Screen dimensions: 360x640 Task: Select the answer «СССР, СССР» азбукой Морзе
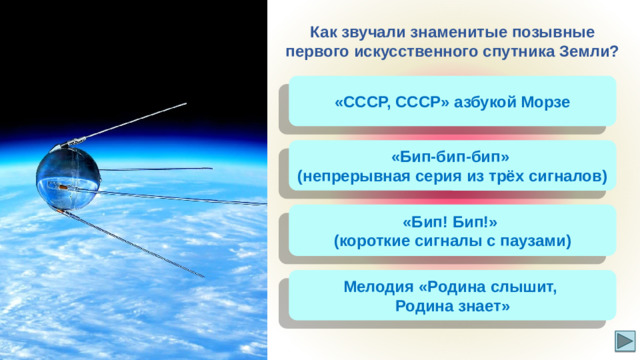click(452, 102)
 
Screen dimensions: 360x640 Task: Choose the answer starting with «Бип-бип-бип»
click(452, 166)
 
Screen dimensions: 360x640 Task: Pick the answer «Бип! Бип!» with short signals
click(452, 231)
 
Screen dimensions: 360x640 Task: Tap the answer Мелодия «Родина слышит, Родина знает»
click(452, 297)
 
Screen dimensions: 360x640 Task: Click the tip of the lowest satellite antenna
click(204, 277)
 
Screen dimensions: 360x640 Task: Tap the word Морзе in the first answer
click(546, 102)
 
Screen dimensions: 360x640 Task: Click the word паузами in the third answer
click(533, 241)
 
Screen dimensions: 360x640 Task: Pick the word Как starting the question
click(324, 31)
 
